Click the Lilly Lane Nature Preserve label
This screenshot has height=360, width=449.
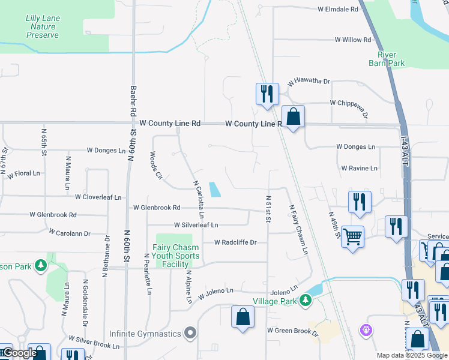click(x=43, y=27)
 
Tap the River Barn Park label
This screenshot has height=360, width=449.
click(x=387, y=59)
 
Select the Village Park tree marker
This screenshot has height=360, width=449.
click(x=306, y=299)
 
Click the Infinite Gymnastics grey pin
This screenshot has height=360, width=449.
click(x=191, y=332)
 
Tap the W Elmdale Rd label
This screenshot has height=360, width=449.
click(x=338, y=10)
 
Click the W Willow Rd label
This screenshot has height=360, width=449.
click(x=353, y=40)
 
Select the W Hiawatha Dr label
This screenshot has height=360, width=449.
click(x=309, y=82)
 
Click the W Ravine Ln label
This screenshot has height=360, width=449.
click(x=359, y=169)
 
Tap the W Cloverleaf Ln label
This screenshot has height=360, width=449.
click(x=98, y=197)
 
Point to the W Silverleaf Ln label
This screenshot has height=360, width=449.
click(x=196, y=225)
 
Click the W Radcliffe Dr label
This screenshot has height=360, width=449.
click(x=235, y=242)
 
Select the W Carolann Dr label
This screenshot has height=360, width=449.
click(x=69, y=233)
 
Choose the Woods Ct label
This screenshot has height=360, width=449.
click(x=155, y=166)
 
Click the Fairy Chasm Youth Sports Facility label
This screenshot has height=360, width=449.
click(x=178, y=255)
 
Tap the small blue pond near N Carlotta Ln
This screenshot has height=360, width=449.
click(x=214, y=189)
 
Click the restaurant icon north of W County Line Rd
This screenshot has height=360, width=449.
click(x=267, y=94)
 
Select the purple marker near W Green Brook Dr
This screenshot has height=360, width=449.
click(x=365, y=329)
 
